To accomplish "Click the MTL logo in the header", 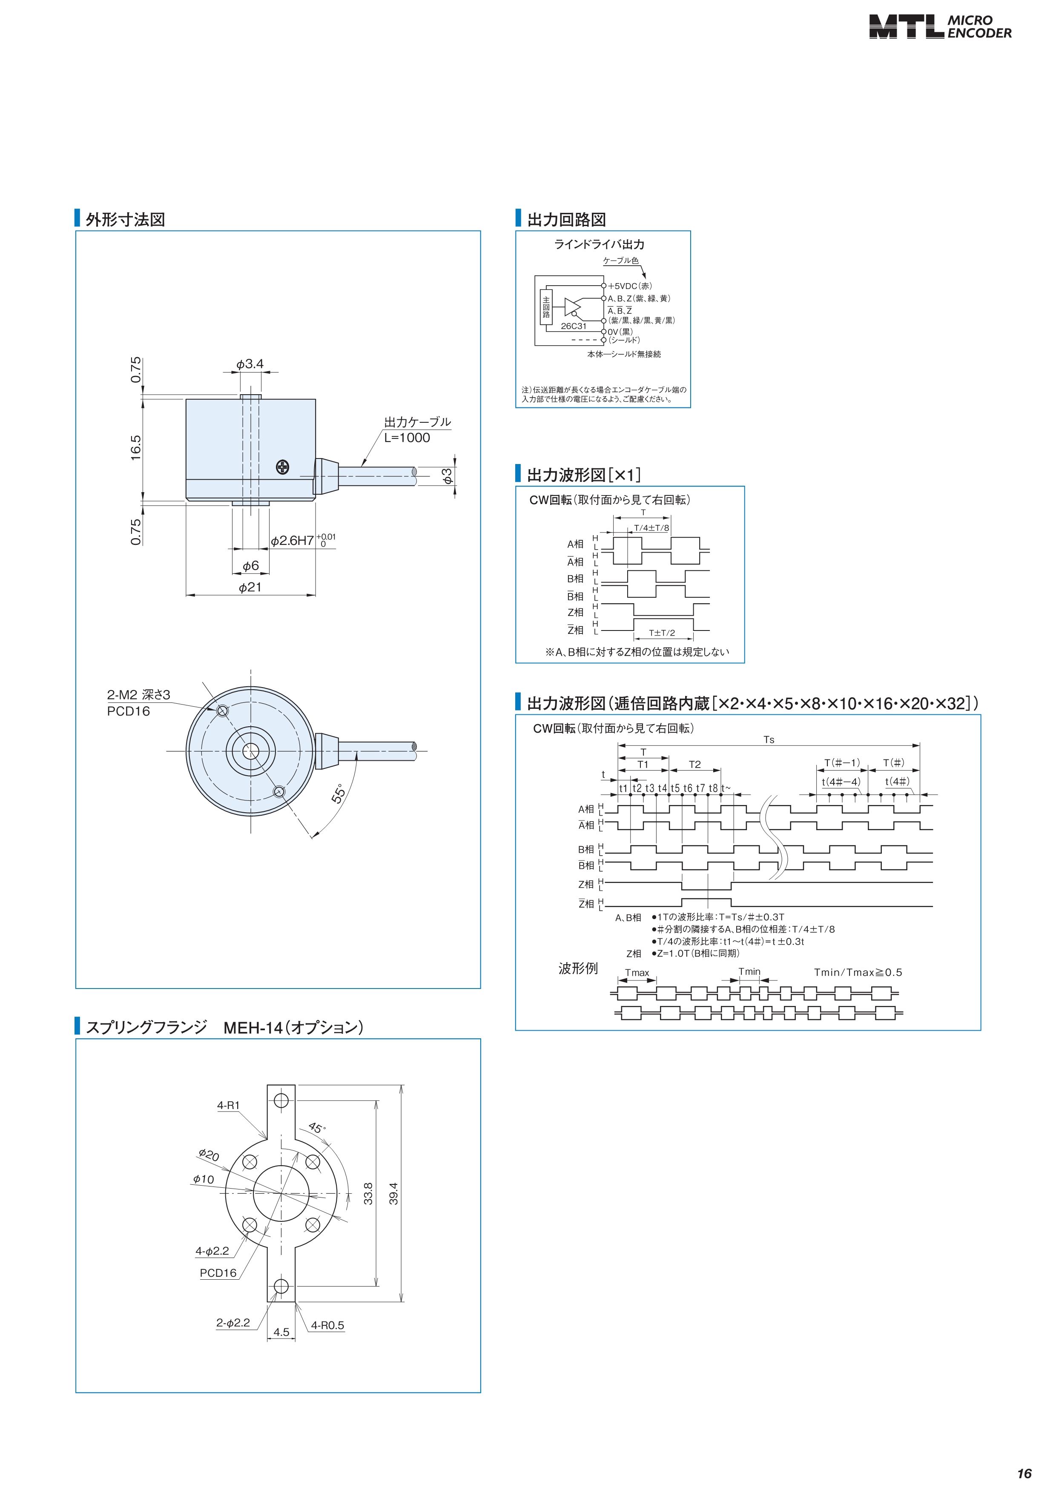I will click(x=906, y=27).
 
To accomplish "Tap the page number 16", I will click(x=1024, y=1473).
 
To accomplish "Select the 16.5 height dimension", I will click(x=135, y=448).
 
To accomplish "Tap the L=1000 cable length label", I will click(x=407, y=438).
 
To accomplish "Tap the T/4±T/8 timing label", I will click(x=651, y=527).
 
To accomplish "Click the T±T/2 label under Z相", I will click(x=662, y=633).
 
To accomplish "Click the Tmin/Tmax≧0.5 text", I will click(x=858, y=972).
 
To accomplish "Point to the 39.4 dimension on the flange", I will click(x=393, y=1193).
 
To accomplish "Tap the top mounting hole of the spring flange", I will click(x=281, y=1100).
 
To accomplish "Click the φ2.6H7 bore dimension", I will click(x=293, y=540).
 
